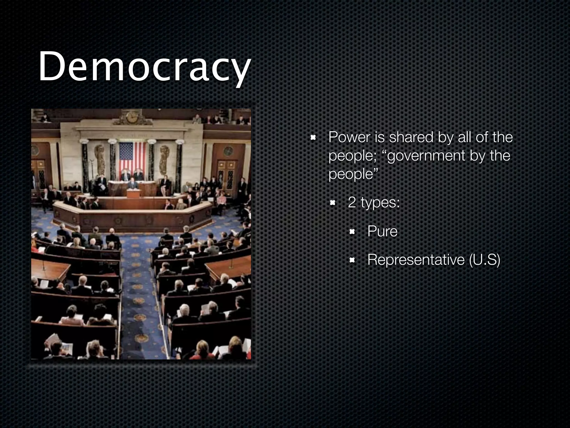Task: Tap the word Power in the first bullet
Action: click(349, 137)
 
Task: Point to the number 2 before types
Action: click(352, 202)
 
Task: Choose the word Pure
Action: click(382, 231)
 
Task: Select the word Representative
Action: click(416, 260)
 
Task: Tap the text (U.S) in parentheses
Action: click(485, 260)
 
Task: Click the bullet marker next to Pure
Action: click(352, 232)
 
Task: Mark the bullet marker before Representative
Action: click(352, 260)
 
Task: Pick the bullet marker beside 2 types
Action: click(333, 203)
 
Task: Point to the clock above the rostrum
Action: click(132, 117)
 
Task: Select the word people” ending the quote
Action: click(353, 174)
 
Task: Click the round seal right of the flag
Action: click(228, 151)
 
